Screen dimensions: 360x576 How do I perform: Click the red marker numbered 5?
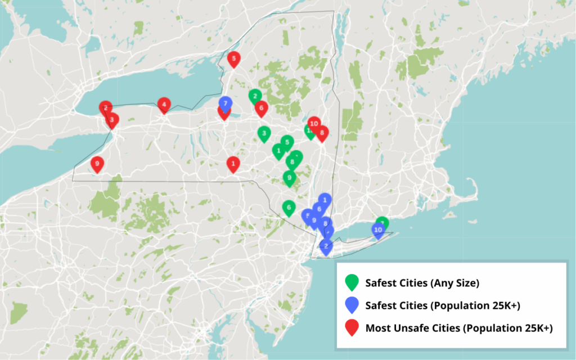pyautogui.click(x=233, y=58)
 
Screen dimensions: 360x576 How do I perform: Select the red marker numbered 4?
pyautogui.click(x=164, y=105)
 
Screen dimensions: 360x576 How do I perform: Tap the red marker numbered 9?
pyautogui.click(x=97, y=164)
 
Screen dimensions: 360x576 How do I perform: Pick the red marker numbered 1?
pyautogui.click(x=233, y=164)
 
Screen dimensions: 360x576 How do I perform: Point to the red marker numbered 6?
pyautogui.click(x=261, y=108)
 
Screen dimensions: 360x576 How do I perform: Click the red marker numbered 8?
pyautogui.click(x=322, y=133)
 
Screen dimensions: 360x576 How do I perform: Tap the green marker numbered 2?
pyautogui.click(x=255, y=96)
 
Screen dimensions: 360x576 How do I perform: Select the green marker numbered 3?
pyautogui.click(x=263, y=133)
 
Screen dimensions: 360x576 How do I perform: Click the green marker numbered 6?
pyautogui.click(x=289, y=208)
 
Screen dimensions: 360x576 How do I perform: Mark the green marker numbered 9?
pyautogui.click(x=289, y=178)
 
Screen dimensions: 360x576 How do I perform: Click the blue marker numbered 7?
pyautogui.click(x=225, y=103)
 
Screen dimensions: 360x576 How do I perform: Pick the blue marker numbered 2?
pyautogui.click(x=326, y=245)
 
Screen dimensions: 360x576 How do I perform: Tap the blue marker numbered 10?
pyautogui.click(x=378, y=229)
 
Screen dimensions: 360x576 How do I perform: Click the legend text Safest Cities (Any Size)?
pyautogui.click(x=422, y=283)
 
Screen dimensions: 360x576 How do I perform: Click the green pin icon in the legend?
pyautogui.click(x=352, y=282)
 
